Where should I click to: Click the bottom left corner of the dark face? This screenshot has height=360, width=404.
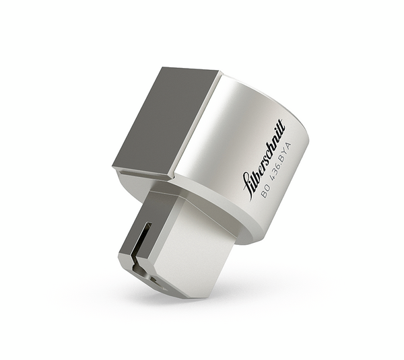click(115, 168)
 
